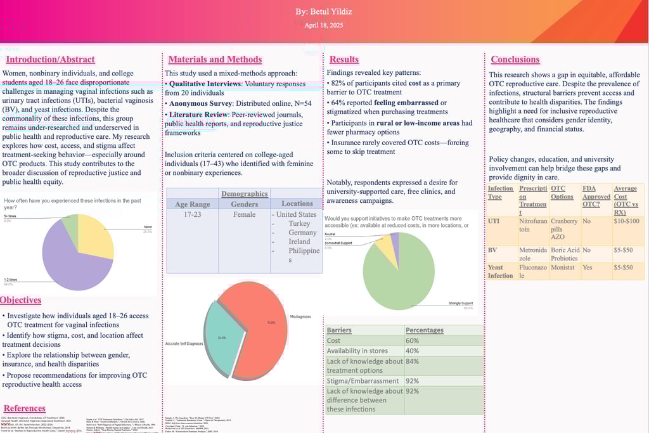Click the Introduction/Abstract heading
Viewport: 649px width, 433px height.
click(50, 60)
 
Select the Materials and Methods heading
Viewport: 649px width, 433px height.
click(215, 59)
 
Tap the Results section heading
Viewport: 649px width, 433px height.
click(344, 59)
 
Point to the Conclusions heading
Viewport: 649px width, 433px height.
click(515, 59)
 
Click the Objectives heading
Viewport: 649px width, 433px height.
click(21, 300)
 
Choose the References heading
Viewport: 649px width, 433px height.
click(25, 408)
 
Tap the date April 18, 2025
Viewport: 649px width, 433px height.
click(323, 25)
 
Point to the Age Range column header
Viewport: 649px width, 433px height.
click(192, 204)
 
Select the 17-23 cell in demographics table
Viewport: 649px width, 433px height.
click(192, 214)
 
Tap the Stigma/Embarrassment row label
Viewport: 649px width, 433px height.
click(363, 381)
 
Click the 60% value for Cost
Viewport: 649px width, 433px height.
click(413, 340)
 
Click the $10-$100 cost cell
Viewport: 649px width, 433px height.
click(627, 221)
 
